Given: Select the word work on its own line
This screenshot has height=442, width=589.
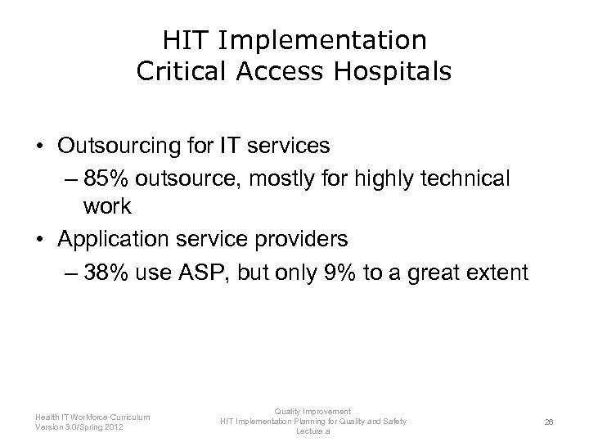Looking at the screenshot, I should pyautogui.click(x=107, y=206).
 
